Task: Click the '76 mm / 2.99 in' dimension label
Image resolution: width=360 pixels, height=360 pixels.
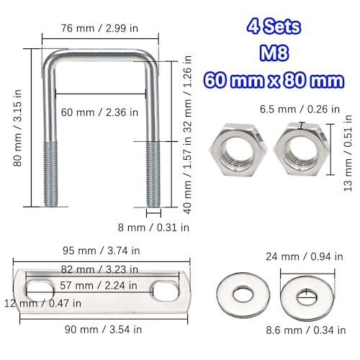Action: click(100, 28)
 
